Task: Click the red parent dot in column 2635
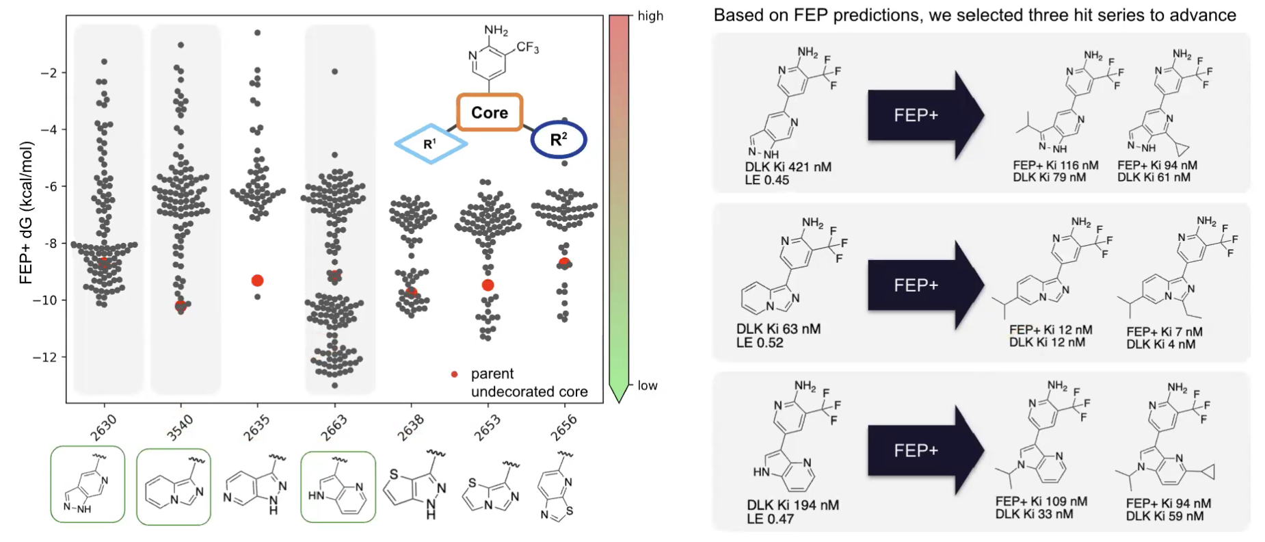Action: tap(257, 281)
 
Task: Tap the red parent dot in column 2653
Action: tap(488, 285)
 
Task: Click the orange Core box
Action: tap(490, 113)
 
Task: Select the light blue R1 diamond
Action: tap(431, 144)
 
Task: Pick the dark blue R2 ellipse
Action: tap(559, 140)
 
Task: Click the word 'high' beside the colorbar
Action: tap(650, 16)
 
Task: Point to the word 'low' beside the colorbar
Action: tap(648, 385)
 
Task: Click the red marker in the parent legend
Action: tap(454, 374)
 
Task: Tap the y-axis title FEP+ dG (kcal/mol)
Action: tap(26, 212)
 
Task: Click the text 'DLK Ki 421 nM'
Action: tap(788, 167)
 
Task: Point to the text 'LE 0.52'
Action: tap(760, 343)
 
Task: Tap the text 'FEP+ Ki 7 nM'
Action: tap(1164, 331)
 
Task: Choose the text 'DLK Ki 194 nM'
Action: tap(793, 505)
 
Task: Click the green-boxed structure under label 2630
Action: tap(88, 484)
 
